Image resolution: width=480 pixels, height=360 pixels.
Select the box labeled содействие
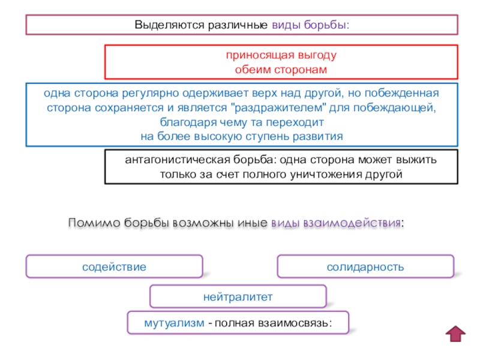click(114, 266)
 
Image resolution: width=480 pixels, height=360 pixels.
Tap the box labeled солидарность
click(365, 266)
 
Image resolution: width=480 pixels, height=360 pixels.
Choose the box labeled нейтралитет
click(238, 296)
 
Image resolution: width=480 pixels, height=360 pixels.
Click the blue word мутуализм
click(173, 323)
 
